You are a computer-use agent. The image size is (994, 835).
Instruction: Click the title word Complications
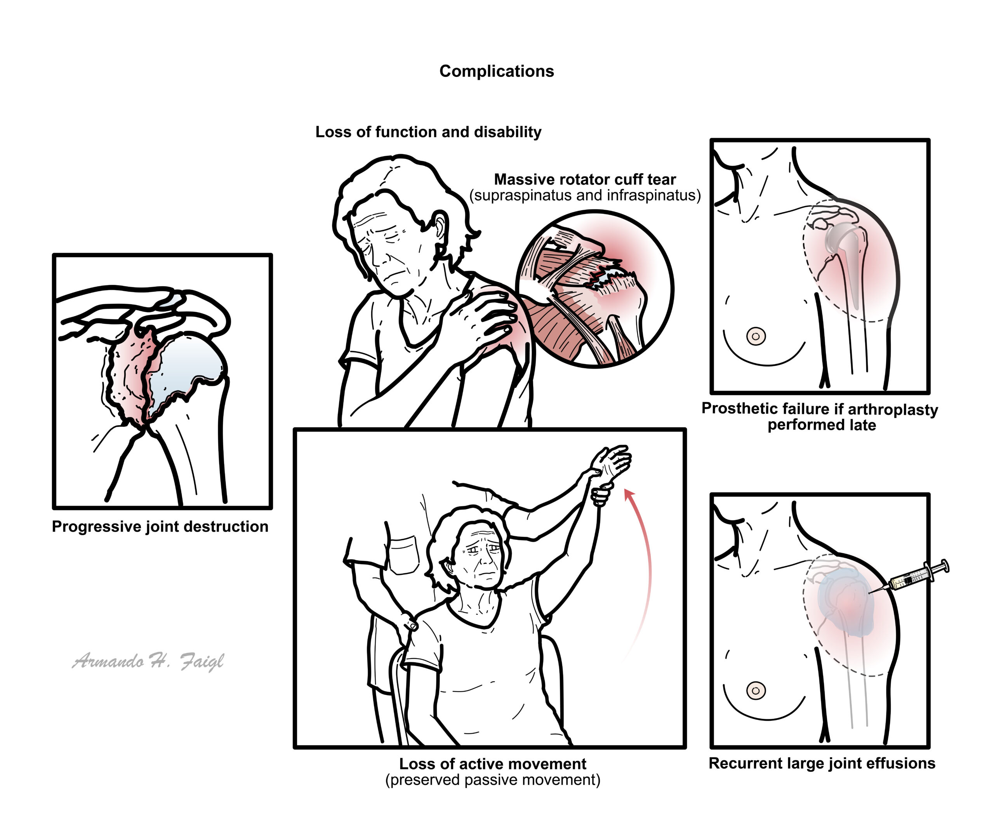[x=497, y=71]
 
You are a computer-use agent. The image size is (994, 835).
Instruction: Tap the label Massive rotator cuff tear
[x=585, y=179]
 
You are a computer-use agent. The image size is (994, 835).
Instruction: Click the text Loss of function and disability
[x=428, y=132]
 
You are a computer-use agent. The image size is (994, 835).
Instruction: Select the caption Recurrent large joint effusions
[x=822, y=764]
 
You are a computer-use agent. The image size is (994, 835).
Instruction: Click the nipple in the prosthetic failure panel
[x=756, y=337]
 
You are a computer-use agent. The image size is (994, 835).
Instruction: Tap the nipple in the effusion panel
[x=756, y=691]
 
